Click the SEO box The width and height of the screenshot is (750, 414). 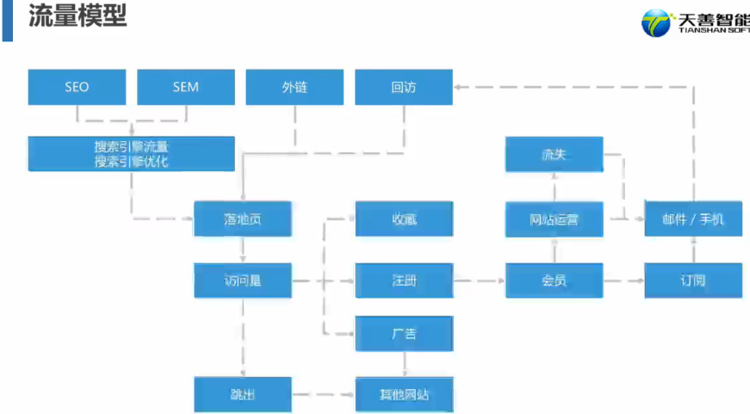[x=77, y=87]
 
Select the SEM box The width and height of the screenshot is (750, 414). [x=186, y=87]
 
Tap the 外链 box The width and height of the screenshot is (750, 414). [x=294, y=87]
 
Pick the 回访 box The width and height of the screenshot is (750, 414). [x=404, y=87]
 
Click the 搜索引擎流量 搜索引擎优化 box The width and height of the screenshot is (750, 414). [x=131, y=153]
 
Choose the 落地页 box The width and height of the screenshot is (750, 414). [x=243, y=219]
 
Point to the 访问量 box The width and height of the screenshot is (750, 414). [x=243, y=281]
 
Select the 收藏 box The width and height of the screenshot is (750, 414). [x=404, y=219]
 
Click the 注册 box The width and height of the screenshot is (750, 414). [x=404, y=281]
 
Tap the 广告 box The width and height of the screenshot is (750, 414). [x=404, y=333]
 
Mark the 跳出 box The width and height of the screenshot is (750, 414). [x=243, y=395]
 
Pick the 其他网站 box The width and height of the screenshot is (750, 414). [x=404, y=395]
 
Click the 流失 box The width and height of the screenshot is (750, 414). [x=554, y=155]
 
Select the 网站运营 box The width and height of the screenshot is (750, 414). [x=554, y=219]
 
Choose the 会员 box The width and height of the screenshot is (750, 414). [x=554, y=281]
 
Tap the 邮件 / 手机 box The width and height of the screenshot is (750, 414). [x=693, y=219]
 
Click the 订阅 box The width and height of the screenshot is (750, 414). [x=693, y=281]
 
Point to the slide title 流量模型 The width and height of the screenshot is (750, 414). [x=77, y=17]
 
